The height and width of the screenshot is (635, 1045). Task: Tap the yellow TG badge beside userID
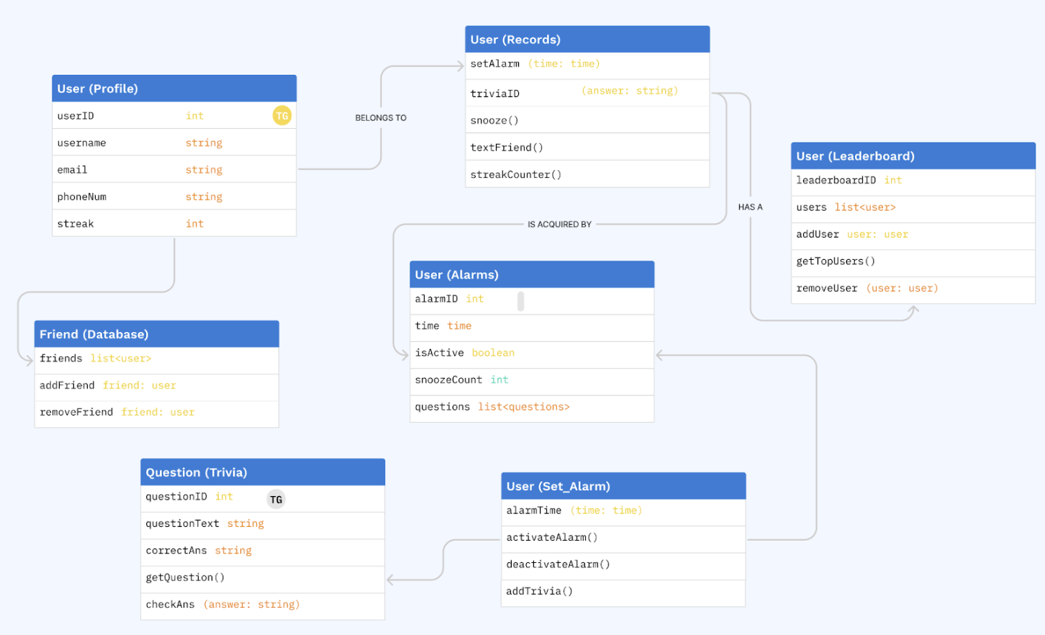[x=282, y=116]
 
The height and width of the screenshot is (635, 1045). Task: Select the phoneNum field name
[x=82, y=197]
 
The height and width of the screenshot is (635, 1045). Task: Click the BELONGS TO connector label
[x=381, y=118]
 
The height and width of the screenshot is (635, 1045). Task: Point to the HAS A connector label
[x=750, y=207]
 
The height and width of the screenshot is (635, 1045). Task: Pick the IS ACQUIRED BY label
[x=559, y=225]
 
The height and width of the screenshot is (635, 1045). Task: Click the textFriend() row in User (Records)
[x=507, y=148]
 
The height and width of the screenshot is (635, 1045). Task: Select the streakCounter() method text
[x=515, y=175]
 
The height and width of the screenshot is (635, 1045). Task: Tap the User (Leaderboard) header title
[x=855, y=156]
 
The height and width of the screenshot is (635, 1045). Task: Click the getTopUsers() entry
[x=836, y=261]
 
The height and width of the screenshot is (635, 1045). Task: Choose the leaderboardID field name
[x=836, y=181]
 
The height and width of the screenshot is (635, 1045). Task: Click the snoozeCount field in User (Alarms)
[x=448, y=380]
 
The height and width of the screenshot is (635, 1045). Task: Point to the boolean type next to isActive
[x=493, y=353]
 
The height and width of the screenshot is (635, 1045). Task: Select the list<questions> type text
[x=523, y=407]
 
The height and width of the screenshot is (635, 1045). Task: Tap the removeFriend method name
[x=76, y=413]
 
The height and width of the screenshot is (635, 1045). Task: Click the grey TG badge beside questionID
[x=276, y=500]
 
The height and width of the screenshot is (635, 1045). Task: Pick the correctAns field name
[x=176, y=551]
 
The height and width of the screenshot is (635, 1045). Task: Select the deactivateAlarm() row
[x=558, y=564]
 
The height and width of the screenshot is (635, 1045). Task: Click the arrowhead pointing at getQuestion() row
[x=391, y=580]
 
